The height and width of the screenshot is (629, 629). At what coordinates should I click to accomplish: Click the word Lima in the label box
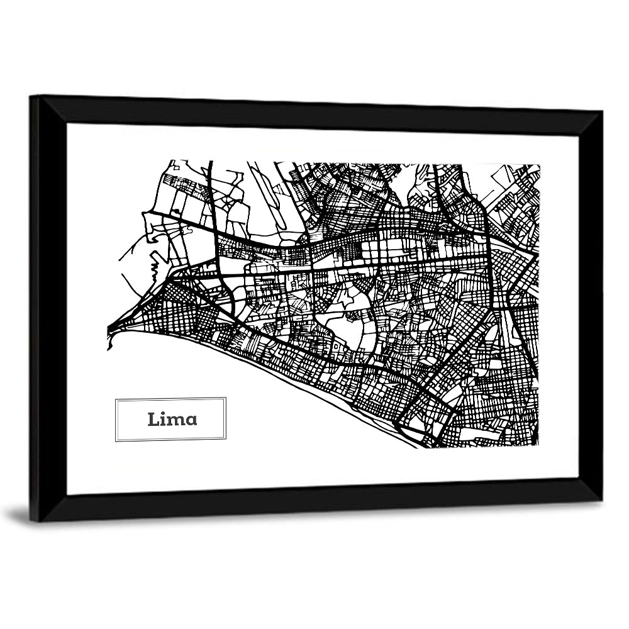pos(172,420)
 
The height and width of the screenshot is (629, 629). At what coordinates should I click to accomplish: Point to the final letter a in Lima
pos(190,421)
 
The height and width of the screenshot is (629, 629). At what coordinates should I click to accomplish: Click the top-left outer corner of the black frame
pos(30,96)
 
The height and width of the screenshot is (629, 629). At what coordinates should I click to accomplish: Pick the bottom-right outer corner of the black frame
pos(602,501)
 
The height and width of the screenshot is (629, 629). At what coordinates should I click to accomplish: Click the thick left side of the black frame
pos(48,308)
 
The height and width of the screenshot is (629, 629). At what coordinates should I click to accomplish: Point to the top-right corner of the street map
pos(539,165)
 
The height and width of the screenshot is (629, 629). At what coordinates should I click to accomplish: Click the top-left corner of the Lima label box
pos(115,398)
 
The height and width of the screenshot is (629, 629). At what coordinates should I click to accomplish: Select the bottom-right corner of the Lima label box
pos(226,440)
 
